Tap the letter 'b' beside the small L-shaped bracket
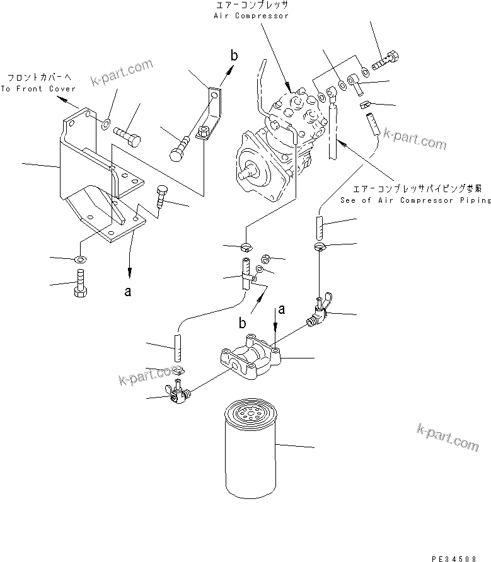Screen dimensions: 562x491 click(x=233, y=57)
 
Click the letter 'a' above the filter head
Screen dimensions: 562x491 click(x=282, y=309)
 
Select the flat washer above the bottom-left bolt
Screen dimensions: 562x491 click(x=80, y=259)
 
